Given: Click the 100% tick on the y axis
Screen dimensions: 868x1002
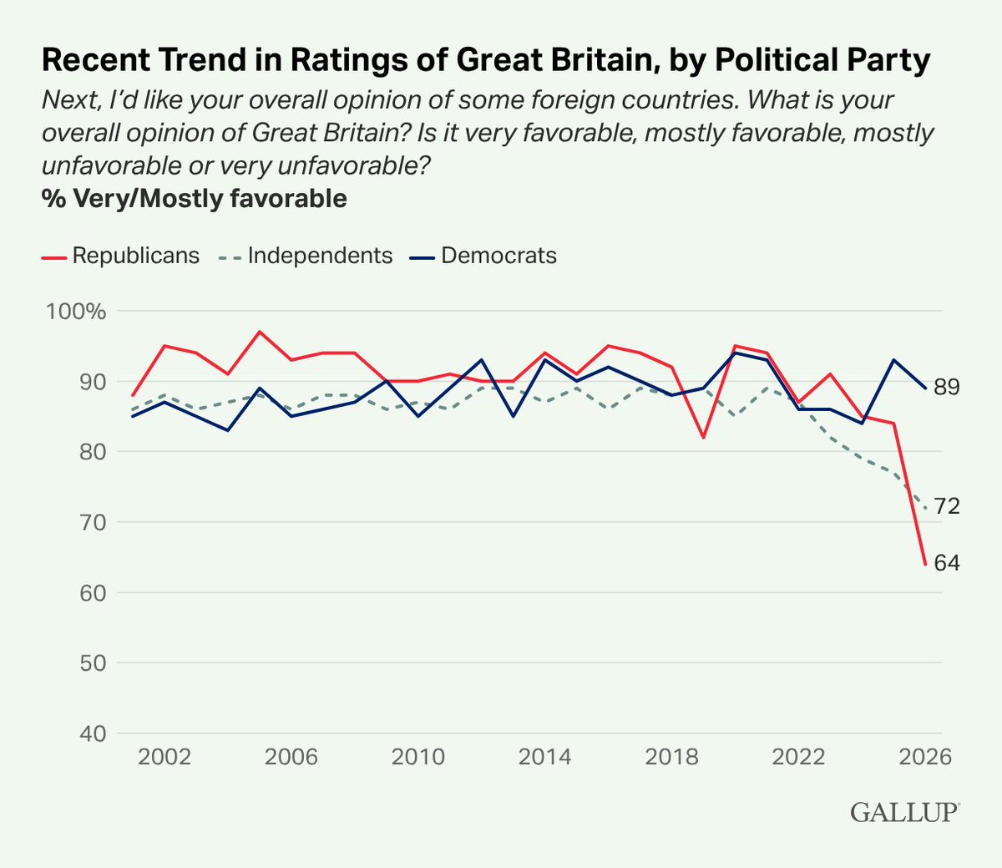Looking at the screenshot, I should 76,312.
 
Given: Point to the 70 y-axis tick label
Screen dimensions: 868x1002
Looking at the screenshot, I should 93,523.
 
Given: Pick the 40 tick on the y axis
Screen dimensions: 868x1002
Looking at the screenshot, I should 93,733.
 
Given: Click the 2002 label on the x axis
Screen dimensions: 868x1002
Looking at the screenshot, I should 164,757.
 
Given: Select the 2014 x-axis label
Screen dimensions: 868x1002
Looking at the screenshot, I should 544,757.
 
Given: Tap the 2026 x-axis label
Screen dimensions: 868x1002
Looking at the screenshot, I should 925,757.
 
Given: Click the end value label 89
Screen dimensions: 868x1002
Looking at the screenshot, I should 947,388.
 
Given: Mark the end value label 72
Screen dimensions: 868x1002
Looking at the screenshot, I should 947,506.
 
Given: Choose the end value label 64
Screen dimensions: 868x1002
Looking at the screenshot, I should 947,563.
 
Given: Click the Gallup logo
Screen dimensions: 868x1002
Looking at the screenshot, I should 905,812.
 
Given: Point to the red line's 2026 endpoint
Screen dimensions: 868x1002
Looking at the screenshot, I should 925,565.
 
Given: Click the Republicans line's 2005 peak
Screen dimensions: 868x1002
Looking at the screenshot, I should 260,332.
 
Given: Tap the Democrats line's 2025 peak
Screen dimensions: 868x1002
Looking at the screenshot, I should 893,360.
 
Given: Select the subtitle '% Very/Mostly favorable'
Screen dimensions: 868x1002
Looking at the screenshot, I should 194,199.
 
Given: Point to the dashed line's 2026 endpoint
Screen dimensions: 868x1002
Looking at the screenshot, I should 925,509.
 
